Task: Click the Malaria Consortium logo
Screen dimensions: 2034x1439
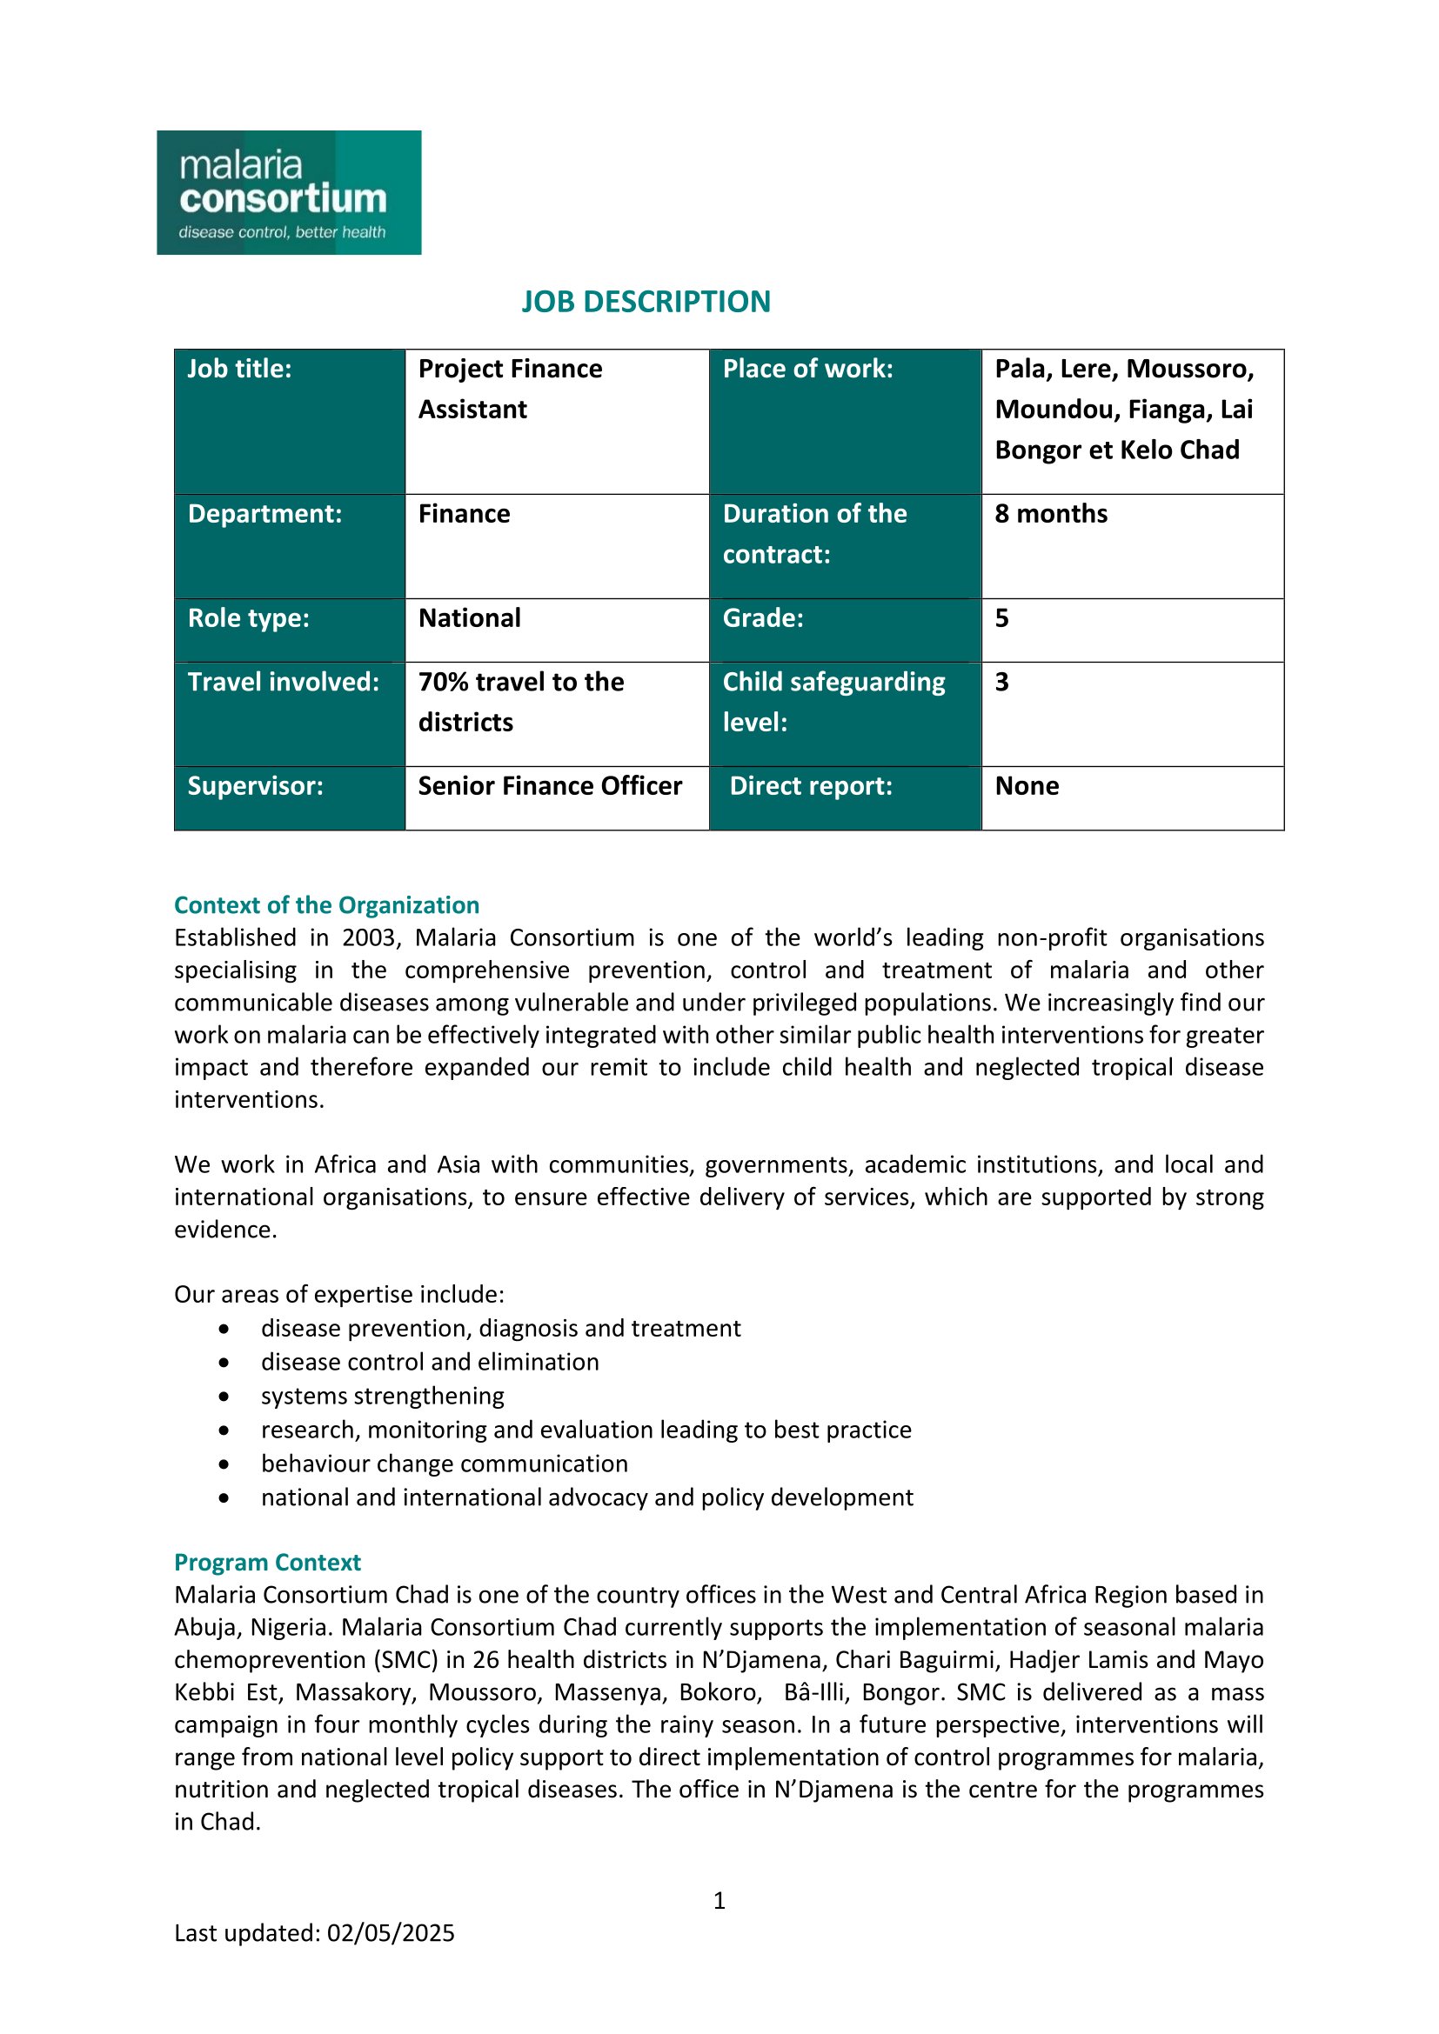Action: point(289,192)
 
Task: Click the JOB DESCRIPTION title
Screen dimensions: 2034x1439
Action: point(645,302)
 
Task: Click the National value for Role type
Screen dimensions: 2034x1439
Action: point(470,618)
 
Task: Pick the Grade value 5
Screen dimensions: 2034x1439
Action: point(1002,618)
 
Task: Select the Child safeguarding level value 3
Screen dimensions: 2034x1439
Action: point(1002,682)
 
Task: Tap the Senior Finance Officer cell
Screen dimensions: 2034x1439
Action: point(549,787)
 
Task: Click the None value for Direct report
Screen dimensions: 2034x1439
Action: point(1027,787)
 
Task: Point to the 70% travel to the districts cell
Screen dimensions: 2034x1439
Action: point(521,702)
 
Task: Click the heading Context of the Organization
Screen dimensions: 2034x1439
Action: point(326,905)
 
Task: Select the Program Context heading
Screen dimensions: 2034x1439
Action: point(268,1563)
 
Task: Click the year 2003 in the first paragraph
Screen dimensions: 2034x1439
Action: point(369,938)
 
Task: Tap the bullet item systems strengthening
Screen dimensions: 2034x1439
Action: point(382,1397)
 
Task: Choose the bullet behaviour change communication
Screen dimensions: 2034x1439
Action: point(444,1464)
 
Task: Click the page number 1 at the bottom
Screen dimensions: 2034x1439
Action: point(719,1900)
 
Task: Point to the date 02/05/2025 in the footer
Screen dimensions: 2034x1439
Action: point(391,1933)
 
